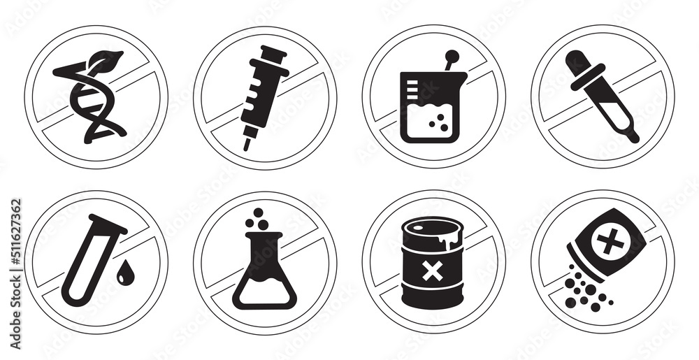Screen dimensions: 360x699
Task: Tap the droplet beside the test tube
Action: pos(125,275)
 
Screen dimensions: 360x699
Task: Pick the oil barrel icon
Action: pos(432,263)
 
